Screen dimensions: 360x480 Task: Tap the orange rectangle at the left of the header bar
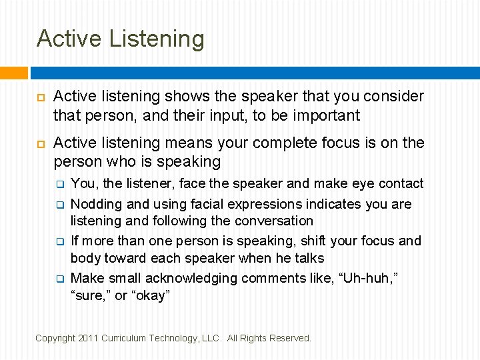point(14,73)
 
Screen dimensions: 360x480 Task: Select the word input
point(245,115)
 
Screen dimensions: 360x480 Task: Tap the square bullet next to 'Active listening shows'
point(38,97)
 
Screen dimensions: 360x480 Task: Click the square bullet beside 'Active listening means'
point(38,143)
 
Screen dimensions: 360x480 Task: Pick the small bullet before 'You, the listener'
point(59,183)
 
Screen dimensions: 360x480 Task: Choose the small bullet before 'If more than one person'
point(59,241)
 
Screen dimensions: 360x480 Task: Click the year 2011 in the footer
point(87,339)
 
